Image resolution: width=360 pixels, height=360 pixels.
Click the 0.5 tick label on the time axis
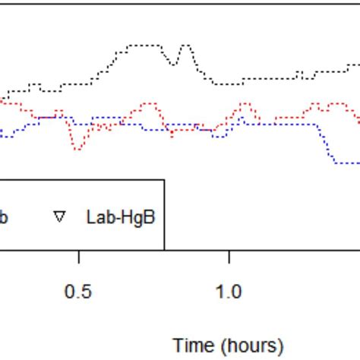point(78,292)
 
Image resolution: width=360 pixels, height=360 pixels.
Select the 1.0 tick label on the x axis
point(229,292)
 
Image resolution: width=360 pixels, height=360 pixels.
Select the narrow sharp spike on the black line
point(183,46)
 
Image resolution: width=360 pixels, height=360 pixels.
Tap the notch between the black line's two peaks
point(174,64)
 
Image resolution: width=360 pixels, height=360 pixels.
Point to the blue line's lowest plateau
point(346,163)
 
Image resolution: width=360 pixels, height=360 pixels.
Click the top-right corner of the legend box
point(164,180)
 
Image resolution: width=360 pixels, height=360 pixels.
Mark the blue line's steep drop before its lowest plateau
point(327,144)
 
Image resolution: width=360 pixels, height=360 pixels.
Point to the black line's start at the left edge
point(2,99)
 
